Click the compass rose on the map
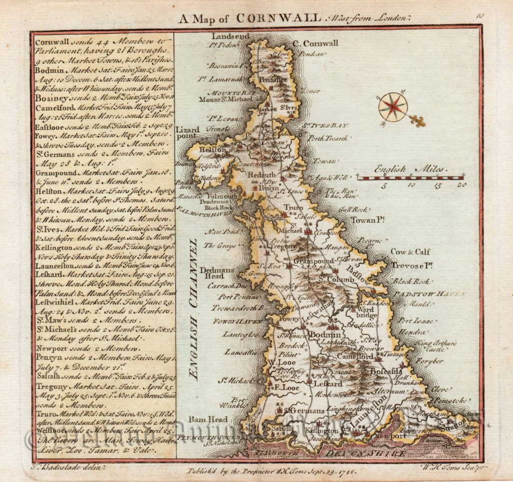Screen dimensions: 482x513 pyautogui.click(x=393, y=107)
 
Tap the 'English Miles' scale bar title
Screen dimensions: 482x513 pyautogui.click(x=411, y=169)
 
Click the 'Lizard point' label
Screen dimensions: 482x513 pyautogui.click(x=187, y=132)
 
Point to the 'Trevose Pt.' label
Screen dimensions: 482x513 pyautogui.click(x=412, y=263)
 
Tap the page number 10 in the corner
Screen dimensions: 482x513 pyautogui.click(x=480, y=16)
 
